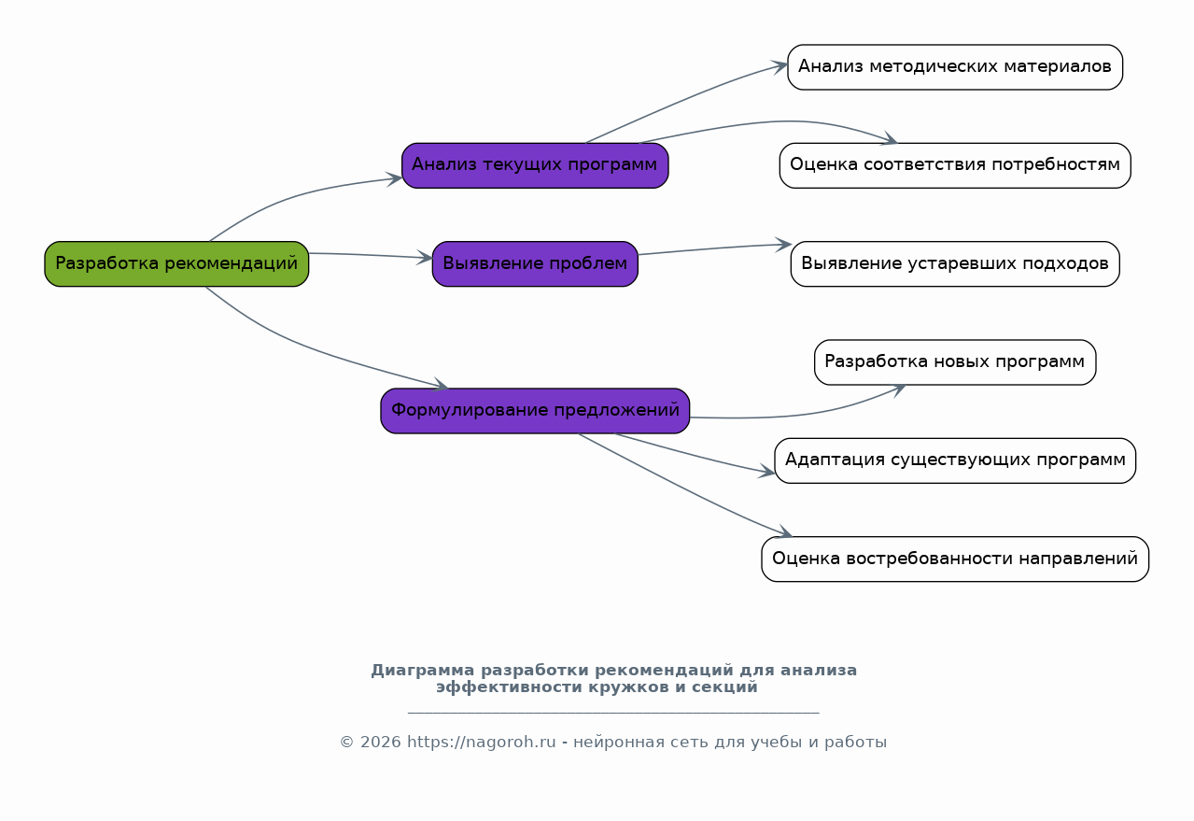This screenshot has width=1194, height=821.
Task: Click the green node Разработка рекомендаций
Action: pos(176,264)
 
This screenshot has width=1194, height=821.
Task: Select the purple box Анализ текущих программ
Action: pos(535,165)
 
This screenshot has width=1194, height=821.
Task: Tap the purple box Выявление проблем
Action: pos(535,264)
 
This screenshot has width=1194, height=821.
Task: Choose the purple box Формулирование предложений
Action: pos(535,411)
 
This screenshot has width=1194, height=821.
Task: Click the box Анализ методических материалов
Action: pos(955,67)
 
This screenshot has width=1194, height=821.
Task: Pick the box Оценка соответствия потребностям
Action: pos(955,165)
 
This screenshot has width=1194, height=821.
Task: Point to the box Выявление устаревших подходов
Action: pos(955,264)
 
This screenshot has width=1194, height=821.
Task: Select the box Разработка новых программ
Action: pos(955,362)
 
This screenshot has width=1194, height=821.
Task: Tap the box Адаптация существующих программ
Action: pos(955,460)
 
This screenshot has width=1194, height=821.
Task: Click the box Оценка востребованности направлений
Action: pos(955,559)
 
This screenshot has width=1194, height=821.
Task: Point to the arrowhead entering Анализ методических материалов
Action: pos(780,66)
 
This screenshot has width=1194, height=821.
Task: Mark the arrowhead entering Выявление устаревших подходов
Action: pos(784,245)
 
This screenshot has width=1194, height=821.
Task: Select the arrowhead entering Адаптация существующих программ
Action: pos(767,472)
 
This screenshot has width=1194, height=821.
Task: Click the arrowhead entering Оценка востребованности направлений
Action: pos(784,531)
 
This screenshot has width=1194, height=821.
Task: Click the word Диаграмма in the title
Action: pos(423,671)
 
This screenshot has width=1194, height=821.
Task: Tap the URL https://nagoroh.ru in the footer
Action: pos(482,742)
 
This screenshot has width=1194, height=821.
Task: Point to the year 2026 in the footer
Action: pos(381,742)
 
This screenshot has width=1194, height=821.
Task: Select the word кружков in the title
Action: pos(628,687)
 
